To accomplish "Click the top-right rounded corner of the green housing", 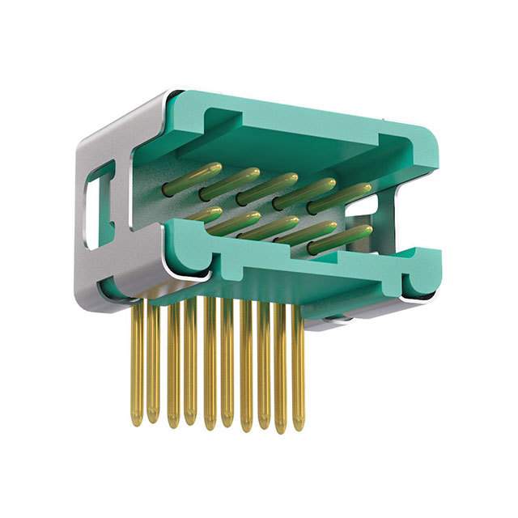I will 425,142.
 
